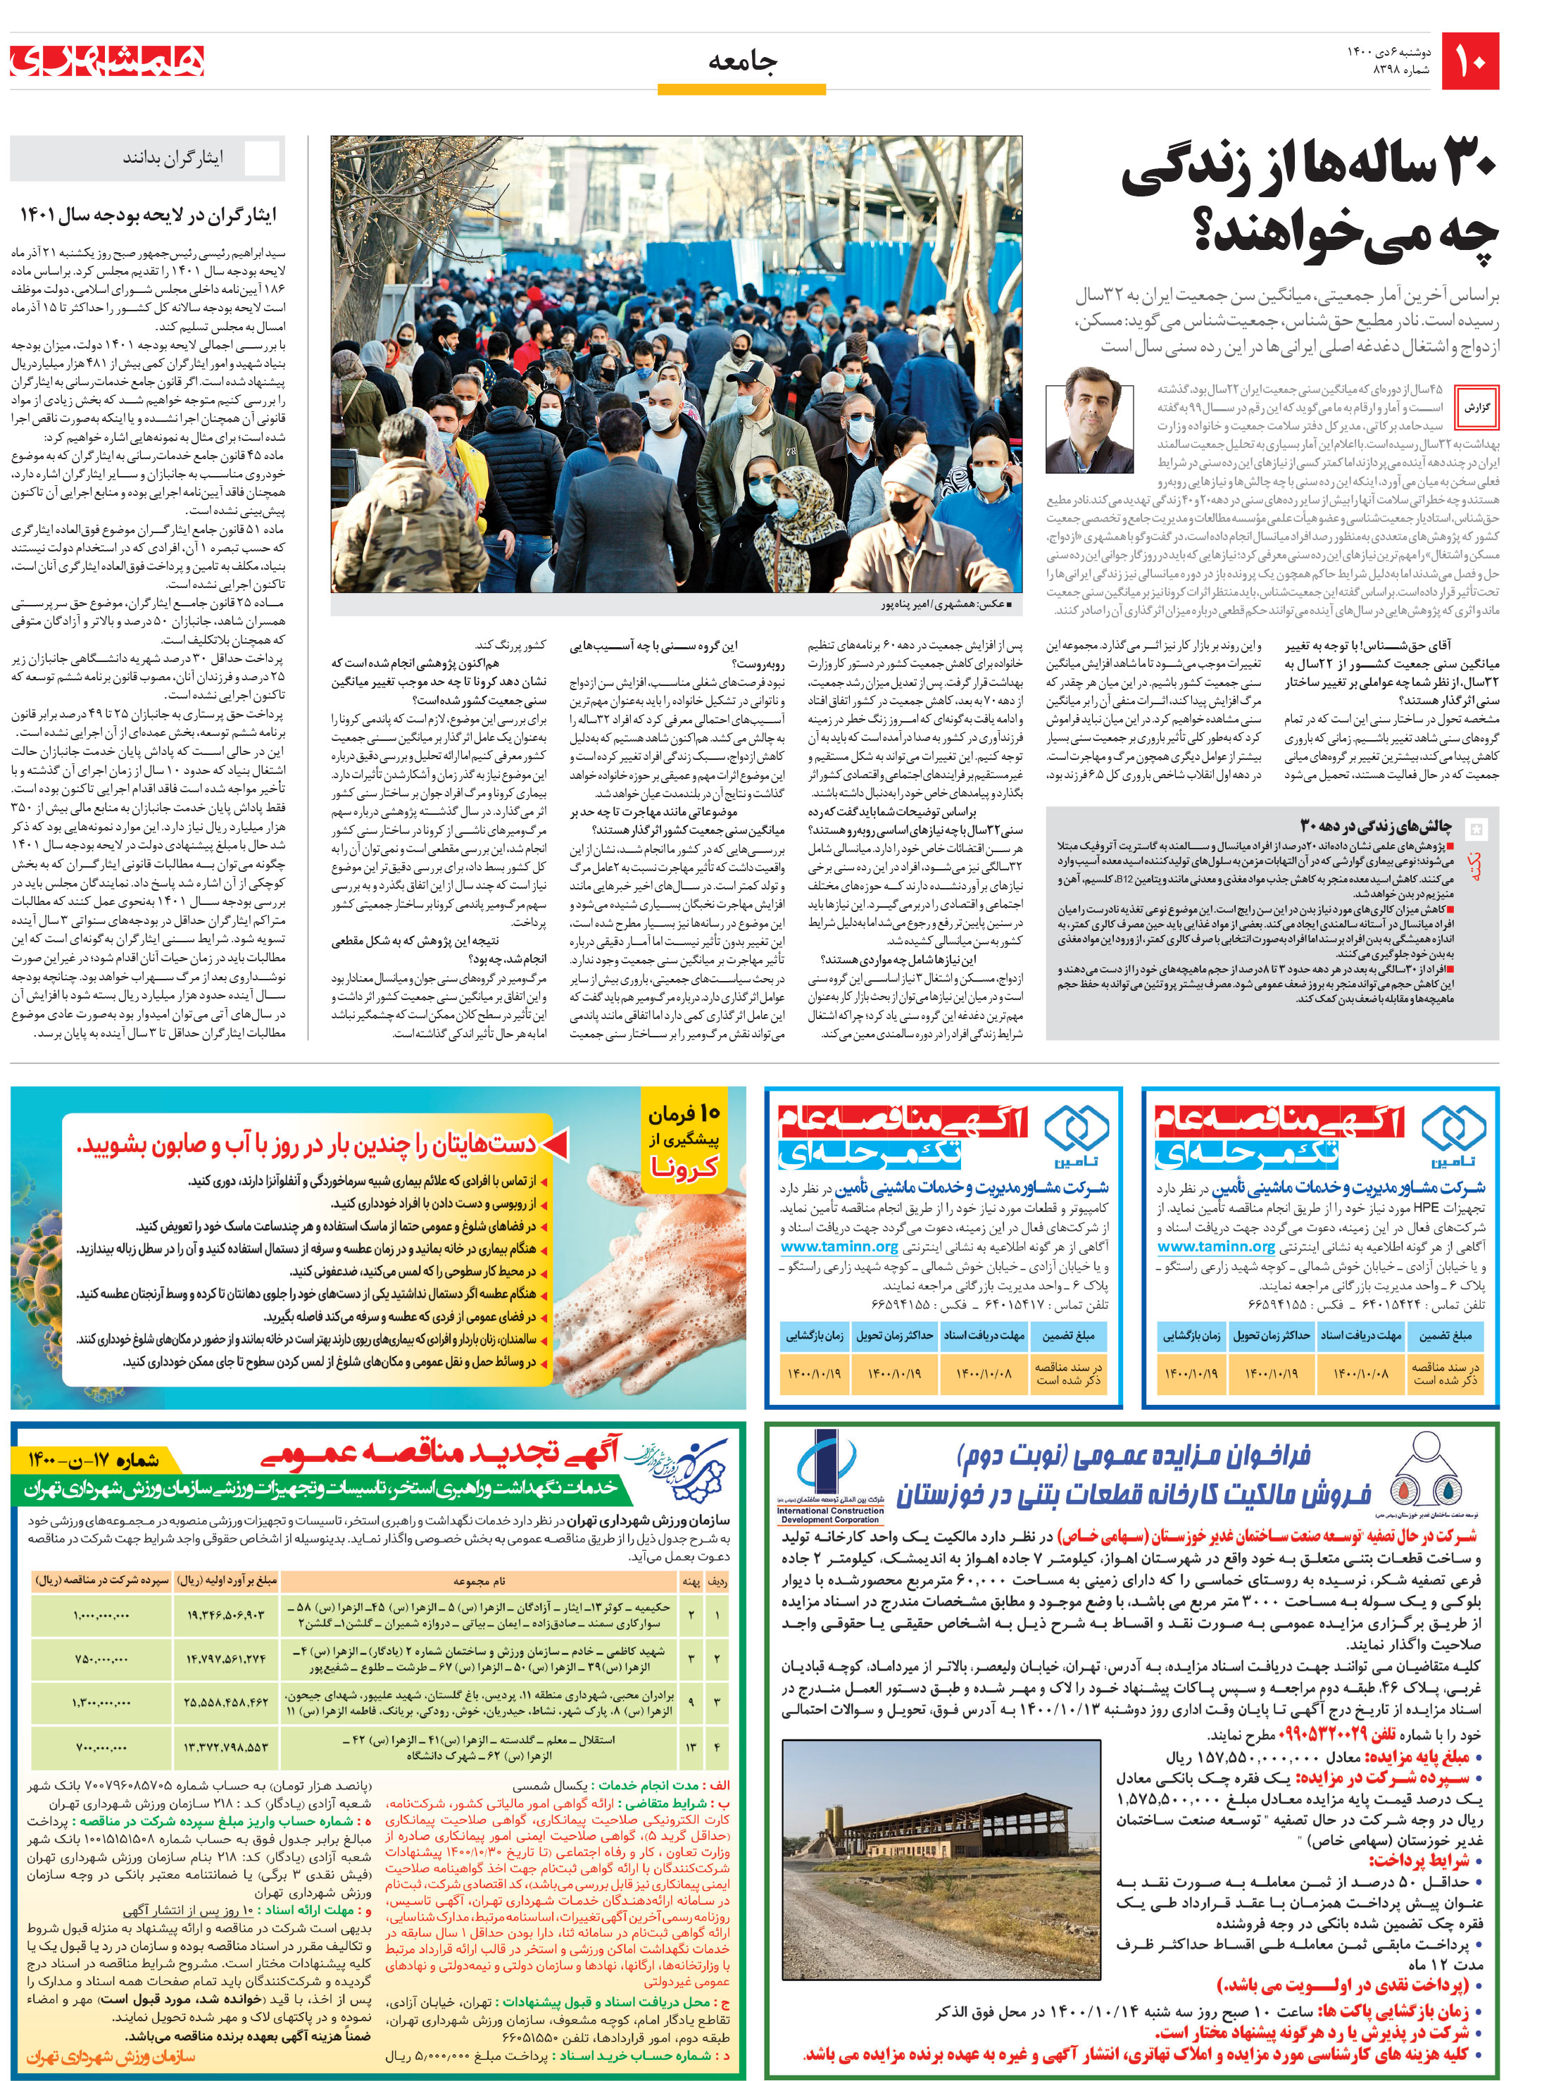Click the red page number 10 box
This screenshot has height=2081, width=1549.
tap(1470, 62)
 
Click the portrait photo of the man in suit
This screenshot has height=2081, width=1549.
tap(1089, 427)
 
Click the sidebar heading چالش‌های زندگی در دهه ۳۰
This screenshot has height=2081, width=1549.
tap(1374, 825)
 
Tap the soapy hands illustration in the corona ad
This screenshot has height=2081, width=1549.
tap(647, 1285)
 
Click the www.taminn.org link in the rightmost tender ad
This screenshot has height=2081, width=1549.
tap(1215, 1246)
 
